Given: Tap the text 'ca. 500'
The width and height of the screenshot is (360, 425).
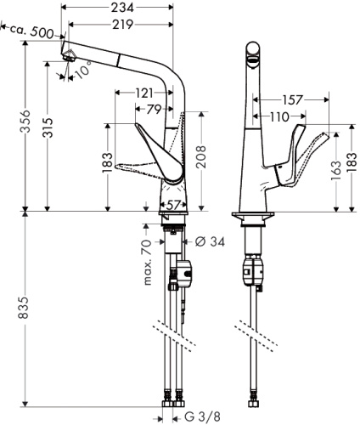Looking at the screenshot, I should tap(37, 31).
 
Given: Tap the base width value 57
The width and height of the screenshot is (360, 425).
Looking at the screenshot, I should tap(172, 205).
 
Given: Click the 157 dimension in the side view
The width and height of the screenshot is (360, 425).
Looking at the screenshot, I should tap(291, 100).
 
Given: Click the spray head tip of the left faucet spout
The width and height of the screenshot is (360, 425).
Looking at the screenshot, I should tap(69, 57).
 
